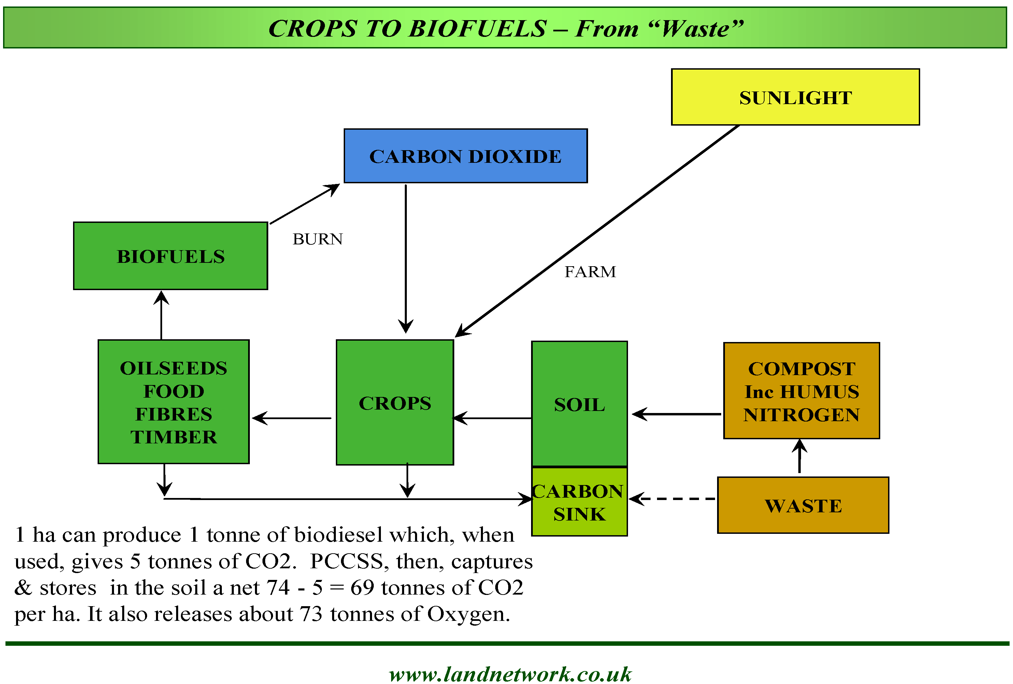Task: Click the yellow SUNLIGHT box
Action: tap(795, 97)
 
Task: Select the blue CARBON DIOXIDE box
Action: tap(465, 156)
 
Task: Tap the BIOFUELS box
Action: tap(170, 256)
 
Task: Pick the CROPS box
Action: tap(395, 402)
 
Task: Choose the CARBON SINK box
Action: tap(579, 501)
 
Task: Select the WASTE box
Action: tap(802, 505)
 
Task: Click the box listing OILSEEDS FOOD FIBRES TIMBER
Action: tap(173, 401)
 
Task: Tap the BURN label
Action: tap(317, 239)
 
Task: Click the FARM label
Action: tap(590, 272)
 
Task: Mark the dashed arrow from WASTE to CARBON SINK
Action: tap(673, 498)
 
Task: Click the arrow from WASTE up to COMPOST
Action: tap(799, 456)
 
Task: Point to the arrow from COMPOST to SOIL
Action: tap(676, 414)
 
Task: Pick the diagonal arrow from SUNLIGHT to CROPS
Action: tap(597, 231)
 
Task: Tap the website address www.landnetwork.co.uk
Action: tap(510, 674)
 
